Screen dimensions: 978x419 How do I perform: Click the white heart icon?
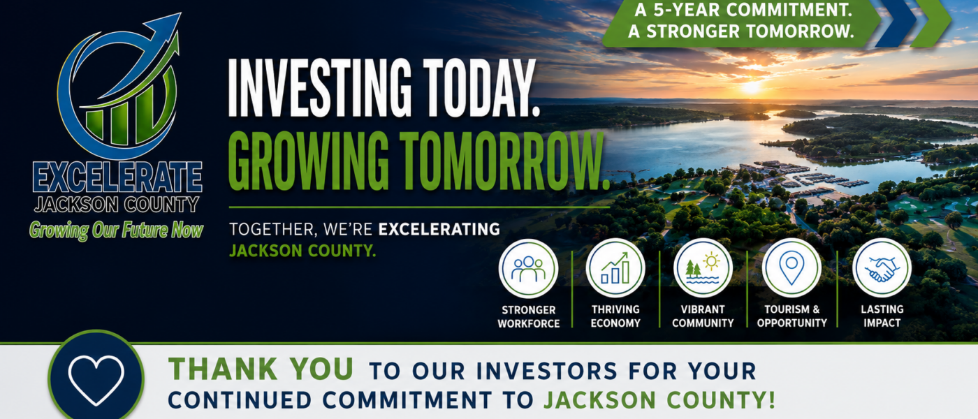coord(96,380)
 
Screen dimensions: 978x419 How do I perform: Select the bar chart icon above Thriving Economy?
coord(615,268)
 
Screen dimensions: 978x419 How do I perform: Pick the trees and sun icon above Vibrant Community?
coord(703,268)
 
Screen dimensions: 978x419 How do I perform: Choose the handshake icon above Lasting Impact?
coord(882,269)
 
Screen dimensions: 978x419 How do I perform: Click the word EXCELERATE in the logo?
coord(117,177)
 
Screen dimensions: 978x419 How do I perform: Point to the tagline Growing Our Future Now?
coord(116,230)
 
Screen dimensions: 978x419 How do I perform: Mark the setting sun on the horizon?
coord(750,87)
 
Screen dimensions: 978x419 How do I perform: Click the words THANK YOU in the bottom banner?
coord(261,369)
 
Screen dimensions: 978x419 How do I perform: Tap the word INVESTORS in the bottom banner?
coord(546,371)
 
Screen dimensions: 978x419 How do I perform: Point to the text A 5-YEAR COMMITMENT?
coord(743,10)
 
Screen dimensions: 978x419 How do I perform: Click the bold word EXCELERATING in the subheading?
coord(439,229)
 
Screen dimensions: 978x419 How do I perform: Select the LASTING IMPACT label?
coord(882,316)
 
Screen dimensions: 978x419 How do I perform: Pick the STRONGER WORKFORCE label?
coord(528,316)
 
